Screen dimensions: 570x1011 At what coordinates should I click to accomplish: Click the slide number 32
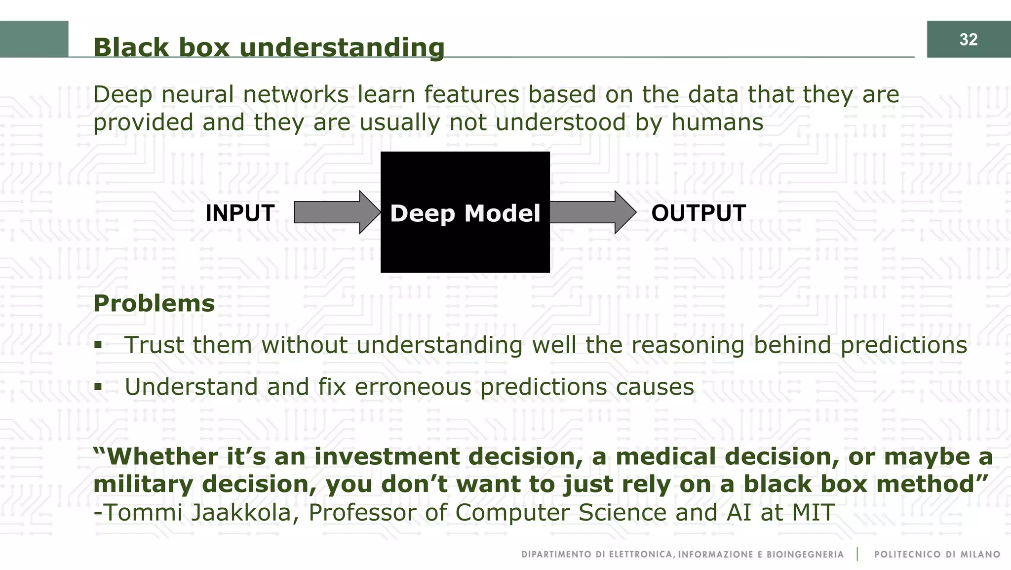(968, 40)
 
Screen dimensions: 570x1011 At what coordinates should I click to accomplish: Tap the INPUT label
(240, 213)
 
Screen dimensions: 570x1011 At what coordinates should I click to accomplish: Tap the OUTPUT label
(698, 213)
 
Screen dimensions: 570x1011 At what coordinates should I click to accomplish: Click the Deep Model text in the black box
(465, 213)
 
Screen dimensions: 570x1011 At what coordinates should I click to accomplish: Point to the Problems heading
(154, 303)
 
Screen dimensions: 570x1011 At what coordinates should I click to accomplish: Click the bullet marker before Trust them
(98, 345)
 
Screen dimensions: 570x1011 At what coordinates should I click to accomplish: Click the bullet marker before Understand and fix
(98, 387)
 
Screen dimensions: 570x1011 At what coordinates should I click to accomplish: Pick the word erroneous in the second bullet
(413, 387)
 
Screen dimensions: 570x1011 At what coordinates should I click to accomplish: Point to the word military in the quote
(143, 485)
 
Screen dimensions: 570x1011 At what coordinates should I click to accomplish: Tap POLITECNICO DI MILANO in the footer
(937, 555)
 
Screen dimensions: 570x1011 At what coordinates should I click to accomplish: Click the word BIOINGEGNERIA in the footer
(805, 555)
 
